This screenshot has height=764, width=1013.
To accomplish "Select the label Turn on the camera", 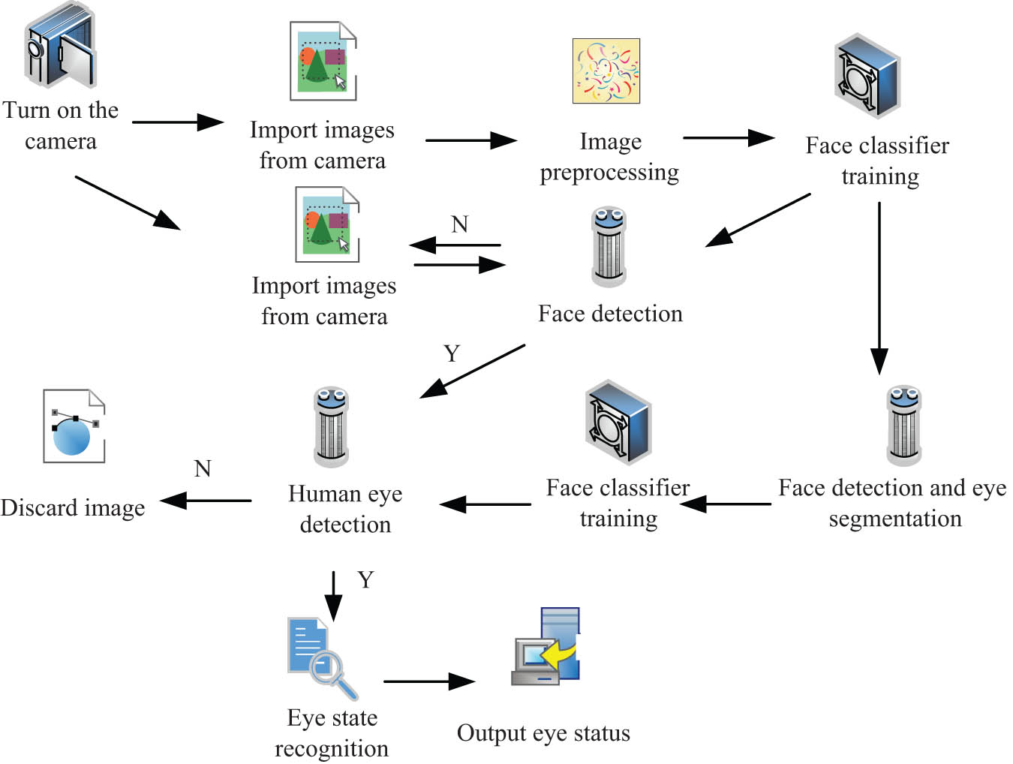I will point(61,125).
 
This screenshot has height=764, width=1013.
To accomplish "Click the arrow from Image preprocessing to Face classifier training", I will point(728,137).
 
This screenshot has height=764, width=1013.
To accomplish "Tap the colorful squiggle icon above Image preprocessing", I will point(606,71).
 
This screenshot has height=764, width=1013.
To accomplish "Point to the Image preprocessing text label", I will point(609,157).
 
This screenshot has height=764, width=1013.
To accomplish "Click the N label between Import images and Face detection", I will point(459,224).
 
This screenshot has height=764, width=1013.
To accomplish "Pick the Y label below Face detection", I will point(451,353).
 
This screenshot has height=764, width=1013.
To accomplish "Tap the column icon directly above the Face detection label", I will point(609,247).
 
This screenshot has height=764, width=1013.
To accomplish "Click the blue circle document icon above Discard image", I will point(74,426).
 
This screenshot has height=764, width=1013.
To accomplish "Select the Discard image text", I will point(73,508).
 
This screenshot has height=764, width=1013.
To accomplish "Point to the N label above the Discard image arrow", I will point(203,469).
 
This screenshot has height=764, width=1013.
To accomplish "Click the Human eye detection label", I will point(345,509).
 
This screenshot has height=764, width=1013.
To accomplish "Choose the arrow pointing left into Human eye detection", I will point(485,504).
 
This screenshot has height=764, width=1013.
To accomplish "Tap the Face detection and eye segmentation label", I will point(893,503).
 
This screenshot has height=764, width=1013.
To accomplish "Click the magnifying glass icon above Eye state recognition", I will point(321,657).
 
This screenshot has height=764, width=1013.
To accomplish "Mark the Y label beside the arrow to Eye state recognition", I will point(365,579).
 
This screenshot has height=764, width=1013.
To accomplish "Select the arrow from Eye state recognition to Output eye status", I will point(428,681).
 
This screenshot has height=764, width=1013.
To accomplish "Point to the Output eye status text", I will point(543,733).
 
